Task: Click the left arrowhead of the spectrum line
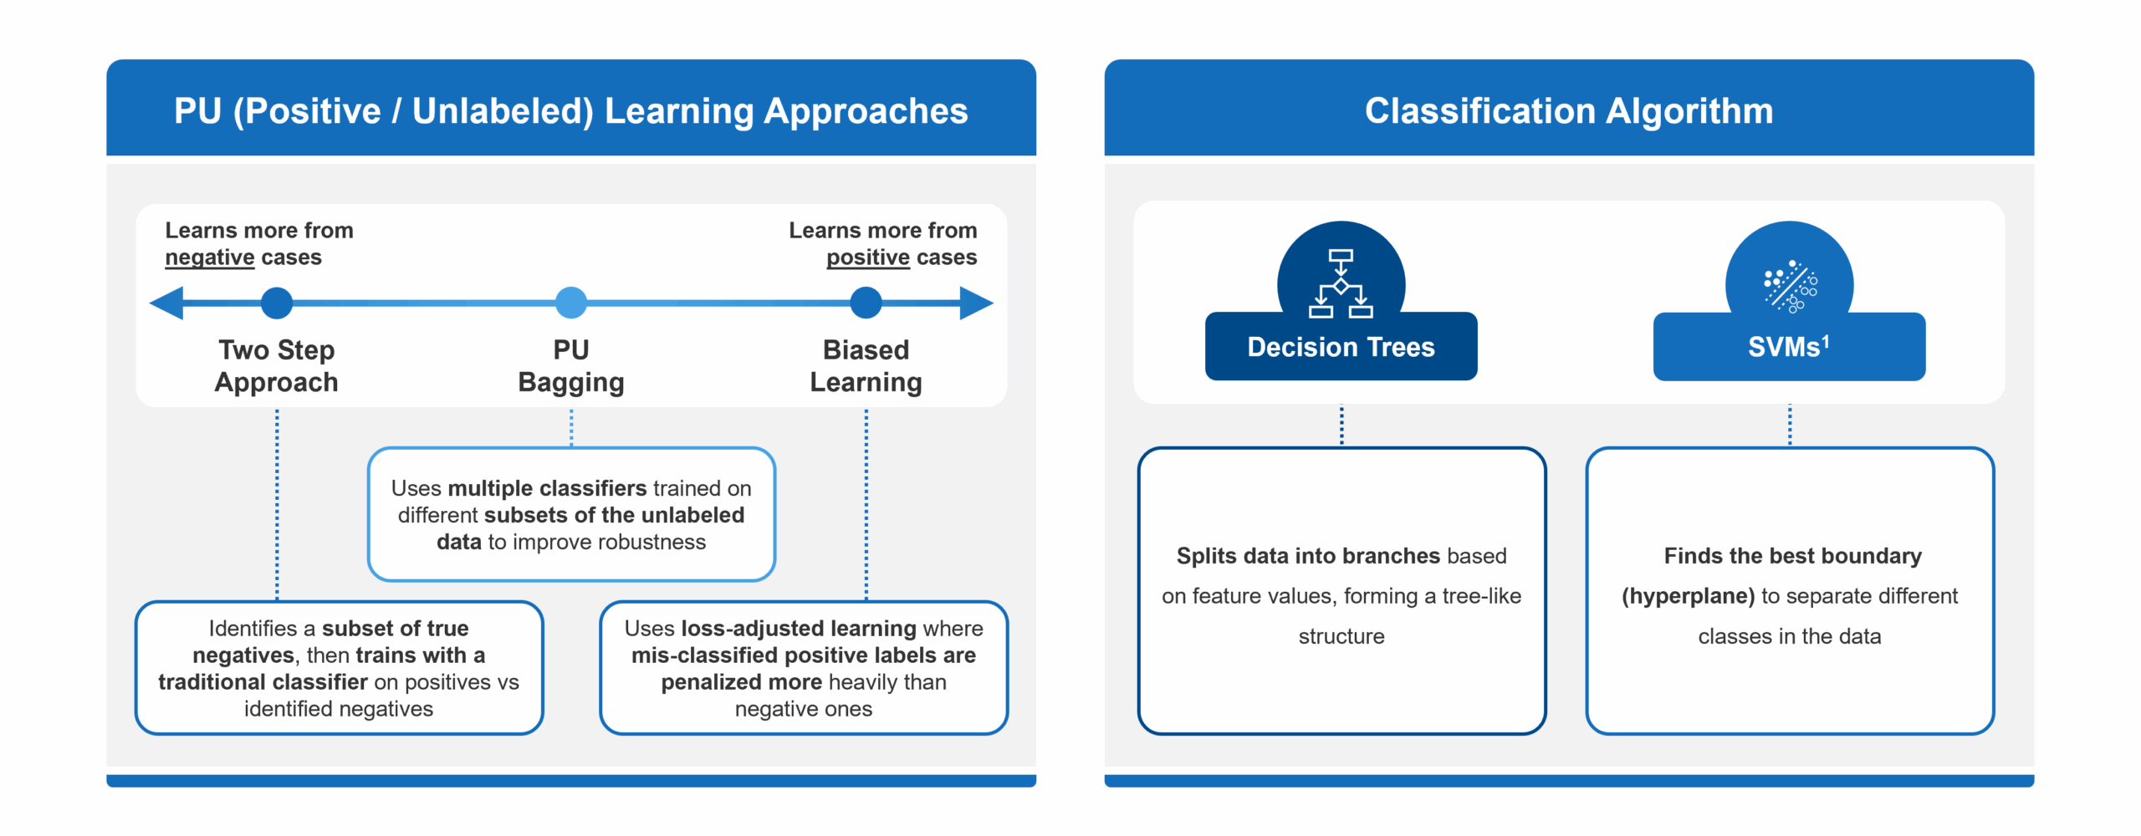[x=167, y=303]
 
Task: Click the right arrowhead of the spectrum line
[x=976, y=303]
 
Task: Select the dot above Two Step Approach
[x=277, y=303]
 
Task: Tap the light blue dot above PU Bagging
[x=571, y=303]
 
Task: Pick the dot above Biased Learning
[x=866, y=303]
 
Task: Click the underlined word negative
[x=209, y=257]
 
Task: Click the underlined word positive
[x=867, y=257]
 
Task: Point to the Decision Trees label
[x=1341, y=347]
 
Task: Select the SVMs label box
[x=1788, y=347]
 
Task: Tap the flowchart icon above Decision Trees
[x=1341, y=283]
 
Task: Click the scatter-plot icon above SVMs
[x=1790, y=285]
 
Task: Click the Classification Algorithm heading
[x=1569, y=110]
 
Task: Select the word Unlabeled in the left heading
[x=502, y=110]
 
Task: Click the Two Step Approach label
[x=277, y=365]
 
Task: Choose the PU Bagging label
[x=571, y=365]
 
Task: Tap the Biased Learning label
[x=866, y=365]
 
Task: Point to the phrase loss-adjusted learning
[x=799, y=628]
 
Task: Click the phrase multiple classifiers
[x=547, y=488]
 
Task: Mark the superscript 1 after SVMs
[x=1826, y=340]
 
